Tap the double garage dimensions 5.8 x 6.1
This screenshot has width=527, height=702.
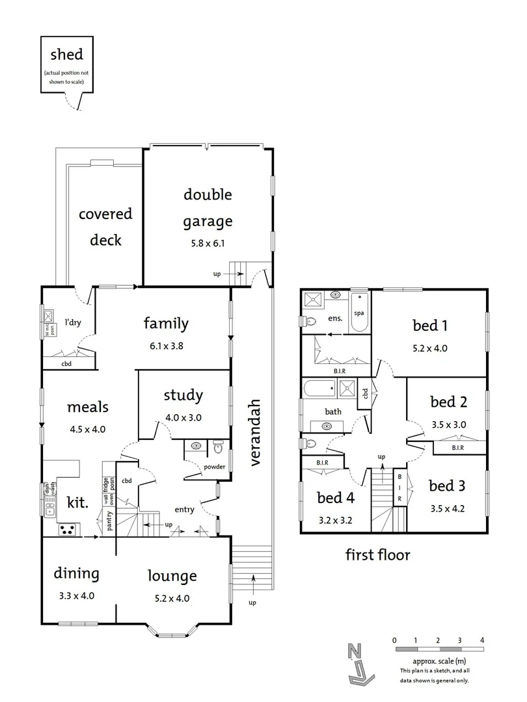coord(207,244)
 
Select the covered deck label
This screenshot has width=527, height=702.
coord(105,226)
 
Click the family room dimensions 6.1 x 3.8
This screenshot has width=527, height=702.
coord(166,346)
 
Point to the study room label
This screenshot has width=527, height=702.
coord(183,395)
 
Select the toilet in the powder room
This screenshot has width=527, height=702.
coord(219,447)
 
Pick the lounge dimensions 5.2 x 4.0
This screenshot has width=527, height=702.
coord(172,599)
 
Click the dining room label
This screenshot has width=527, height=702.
coord(77,574)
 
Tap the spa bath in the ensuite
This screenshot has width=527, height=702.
coord(358,313)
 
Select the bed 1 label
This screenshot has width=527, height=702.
coord(430,325)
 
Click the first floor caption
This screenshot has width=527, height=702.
coord(377,555)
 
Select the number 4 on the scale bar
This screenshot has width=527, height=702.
coord(481,640)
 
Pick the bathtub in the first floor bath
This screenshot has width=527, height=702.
coord(317,389)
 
